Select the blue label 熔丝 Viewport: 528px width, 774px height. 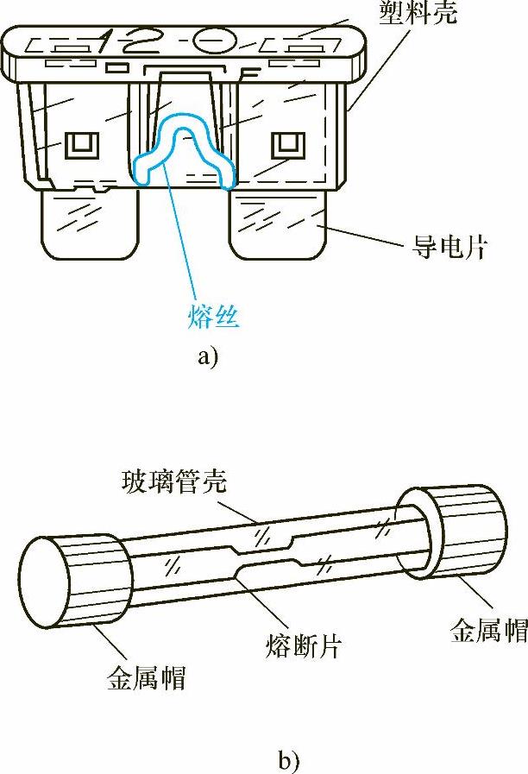(212, 318)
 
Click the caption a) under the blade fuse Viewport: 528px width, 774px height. (208, 356)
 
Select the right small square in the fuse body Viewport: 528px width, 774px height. (284, 144)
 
